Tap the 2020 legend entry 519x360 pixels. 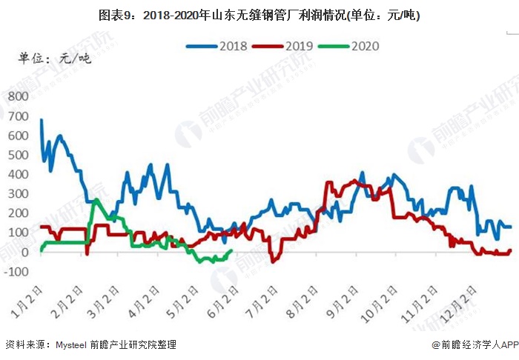349,46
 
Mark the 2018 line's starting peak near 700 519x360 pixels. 41,120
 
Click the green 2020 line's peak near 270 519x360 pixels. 96,200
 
